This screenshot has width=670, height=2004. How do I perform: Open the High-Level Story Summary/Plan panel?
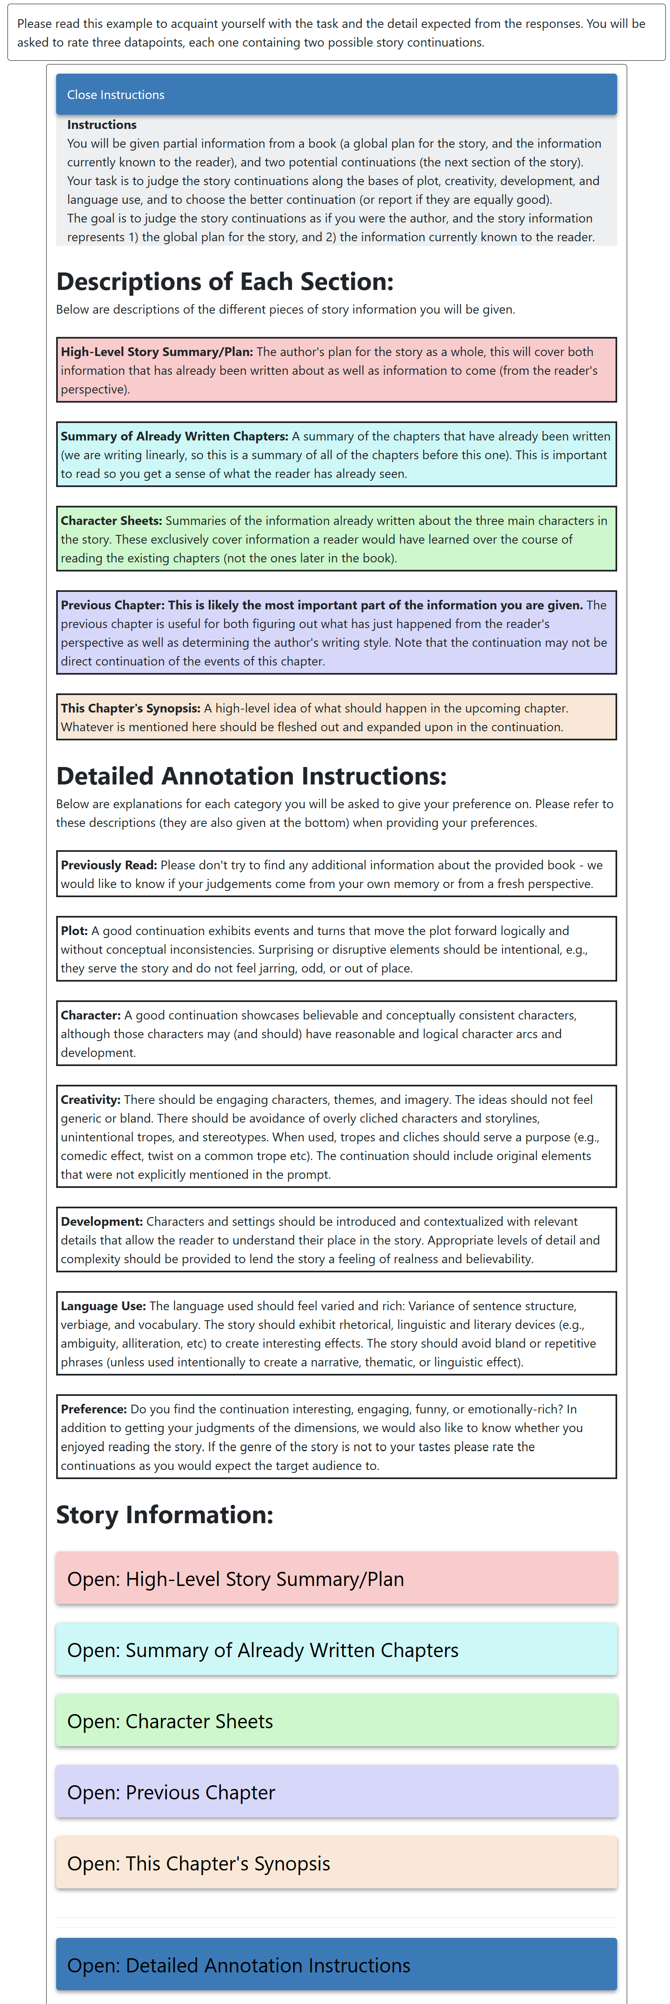click(x=336, y=1578)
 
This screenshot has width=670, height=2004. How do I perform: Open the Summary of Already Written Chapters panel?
click(x=336, y=1649)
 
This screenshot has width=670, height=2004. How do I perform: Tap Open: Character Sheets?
click(x=336, y=1720)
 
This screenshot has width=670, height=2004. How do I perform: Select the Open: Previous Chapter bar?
click(x=336, y=1791)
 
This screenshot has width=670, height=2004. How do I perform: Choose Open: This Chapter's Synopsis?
click(x=336, y=1863)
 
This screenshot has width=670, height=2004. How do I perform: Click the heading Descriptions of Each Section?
click(x=225, y=282)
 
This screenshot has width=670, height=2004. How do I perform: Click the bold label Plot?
click(x=75, y=930)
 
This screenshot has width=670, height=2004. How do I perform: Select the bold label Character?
click(x=91, y=1015)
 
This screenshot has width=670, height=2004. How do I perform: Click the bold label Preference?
click(x=94, y=1409)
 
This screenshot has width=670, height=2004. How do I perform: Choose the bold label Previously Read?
click(x=109, y=865)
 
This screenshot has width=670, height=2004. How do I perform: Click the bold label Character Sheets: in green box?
click(x=111, y=520)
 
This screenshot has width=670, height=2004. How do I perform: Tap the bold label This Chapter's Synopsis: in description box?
click(x=131, y=708)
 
